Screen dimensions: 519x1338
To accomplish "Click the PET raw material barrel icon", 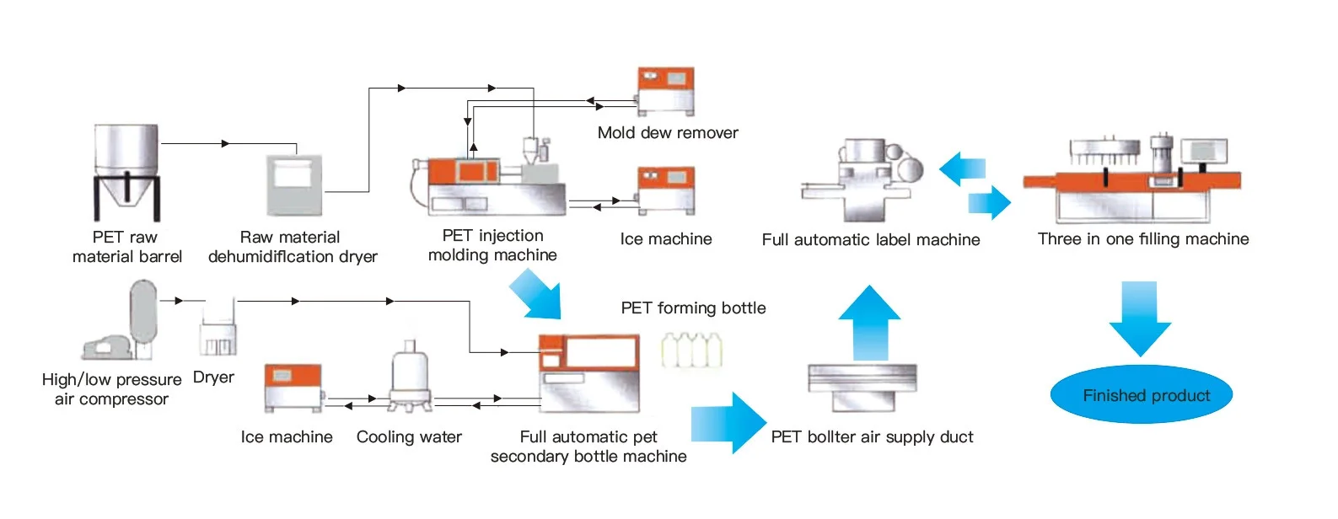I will pos(126,172).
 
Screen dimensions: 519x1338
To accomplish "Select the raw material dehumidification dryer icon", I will pos(294,185).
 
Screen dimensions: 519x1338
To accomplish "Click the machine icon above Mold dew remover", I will pos(665,92).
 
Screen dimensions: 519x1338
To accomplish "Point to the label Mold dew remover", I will pos(668,133).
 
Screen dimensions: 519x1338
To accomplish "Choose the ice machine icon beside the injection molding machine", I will pos(665,190).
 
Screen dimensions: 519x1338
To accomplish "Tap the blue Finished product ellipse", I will pos(1142,394).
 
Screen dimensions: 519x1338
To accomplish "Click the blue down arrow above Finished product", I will pos(1140,318).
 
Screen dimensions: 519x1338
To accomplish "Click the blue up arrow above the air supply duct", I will pos(869,324).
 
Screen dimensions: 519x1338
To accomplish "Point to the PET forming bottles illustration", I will pos(691,350).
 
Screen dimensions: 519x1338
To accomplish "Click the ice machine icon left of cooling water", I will pos(293,388).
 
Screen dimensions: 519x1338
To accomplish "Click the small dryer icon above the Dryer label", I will pos(218,329).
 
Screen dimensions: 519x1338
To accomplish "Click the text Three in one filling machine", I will pos(1143,239).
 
